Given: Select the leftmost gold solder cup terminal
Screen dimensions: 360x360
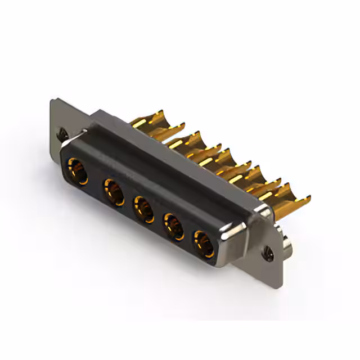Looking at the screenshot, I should point(148,120).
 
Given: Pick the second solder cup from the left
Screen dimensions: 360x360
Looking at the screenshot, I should point(188,141).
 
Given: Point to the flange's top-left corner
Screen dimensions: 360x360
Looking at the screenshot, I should point(52,102).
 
